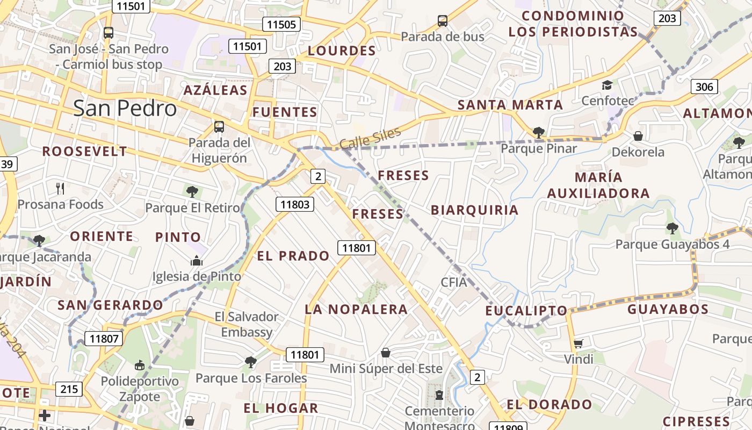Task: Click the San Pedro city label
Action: [125, 108]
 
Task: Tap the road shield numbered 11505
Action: [281, 24]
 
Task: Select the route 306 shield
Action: [704, 87]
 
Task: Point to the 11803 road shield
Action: [295, 204]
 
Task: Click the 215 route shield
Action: [69, 389]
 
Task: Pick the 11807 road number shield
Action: [104, 339]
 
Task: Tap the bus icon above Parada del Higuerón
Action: [219, 127]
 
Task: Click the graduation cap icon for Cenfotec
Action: [607, 85]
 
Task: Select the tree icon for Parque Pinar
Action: [538, 132]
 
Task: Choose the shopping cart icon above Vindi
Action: [578, 343]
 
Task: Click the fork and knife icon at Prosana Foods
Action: [60, 188]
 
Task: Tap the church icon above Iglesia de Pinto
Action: [197, 261]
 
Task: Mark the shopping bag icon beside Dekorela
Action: [638, 136]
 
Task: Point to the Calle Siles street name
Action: [370, 139]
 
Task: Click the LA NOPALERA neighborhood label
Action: [356, 309]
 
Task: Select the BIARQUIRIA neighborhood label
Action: [474, 210]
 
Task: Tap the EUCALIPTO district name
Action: [526, 311]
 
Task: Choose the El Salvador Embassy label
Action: [247, 324]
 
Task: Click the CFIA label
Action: [454, 282]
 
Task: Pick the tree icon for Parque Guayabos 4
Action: [672, 228]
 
